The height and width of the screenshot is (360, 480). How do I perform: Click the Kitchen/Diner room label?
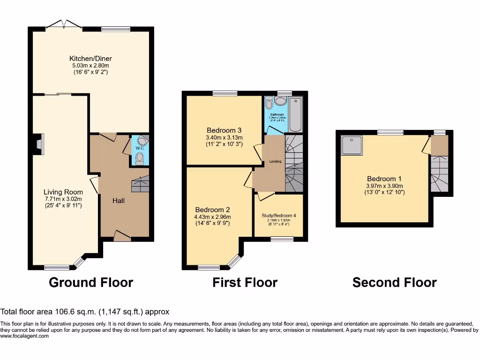click(90, 59)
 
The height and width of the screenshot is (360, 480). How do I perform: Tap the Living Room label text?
click(63, 192)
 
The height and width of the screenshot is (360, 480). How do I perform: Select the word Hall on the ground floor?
click(118, 200)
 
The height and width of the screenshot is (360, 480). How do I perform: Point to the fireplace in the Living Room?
click(39, 144)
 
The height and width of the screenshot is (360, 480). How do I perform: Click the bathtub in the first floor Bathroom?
click(296, 115)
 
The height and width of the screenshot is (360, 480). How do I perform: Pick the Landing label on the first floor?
click(275, 162)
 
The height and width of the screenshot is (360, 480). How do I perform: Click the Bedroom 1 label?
click(384, 179)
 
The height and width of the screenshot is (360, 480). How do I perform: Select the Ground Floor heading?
click(91, 283)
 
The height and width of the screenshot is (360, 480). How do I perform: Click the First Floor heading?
click(245, 283)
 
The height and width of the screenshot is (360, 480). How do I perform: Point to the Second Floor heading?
click(394, 283)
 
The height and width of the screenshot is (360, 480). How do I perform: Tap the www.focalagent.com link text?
click(24, 336)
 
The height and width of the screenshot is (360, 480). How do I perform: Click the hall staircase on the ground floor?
click(140, 185)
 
